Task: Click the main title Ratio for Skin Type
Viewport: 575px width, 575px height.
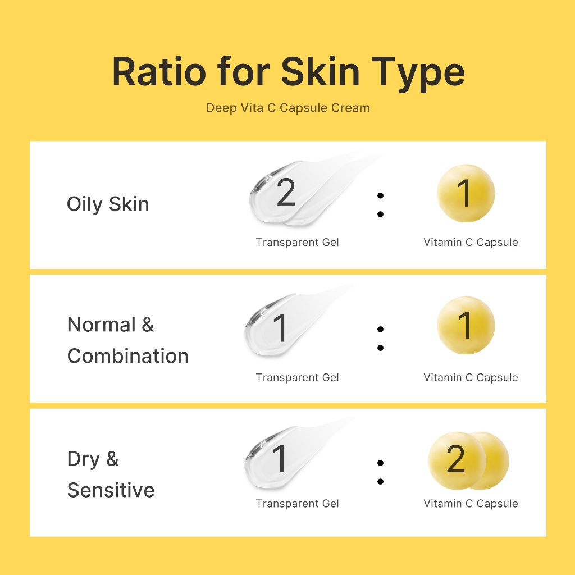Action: [288, 72]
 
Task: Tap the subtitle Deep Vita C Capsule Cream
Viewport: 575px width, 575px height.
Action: [288, 108]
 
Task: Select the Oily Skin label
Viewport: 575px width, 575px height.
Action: [108, 204]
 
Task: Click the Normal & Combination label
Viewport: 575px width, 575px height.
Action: [127, 340]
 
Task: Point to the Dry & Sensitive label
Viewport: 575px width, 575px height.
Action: [111, 474]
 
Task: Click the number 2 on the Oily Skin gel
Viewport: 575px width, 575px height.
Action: [286, 193]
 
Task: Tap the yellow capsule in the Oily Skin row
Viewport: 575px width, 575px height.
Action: [466, 193]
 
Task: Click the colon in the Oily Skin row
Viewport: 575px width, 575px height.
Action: [380, 204]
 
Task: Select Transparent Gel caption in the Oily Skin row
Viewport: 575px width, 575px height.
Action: [298, 243]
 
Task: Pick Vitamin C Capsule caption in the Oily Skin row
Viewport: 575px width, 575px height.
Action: [471, 243]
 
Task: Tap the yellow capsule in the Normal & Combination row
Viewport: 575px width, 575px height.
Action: [466, 325]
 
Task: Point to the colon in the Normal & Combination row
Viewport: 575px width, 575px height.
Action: [380, 339]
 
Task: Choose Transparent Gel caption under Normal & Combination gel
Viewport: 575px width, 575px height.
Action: [298, 377]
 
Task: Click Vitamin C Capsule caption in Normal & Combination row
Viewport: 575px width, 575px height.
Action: [471, 377]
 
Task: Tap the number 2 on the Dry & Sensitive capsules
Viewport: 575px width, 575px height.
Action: [456, 459]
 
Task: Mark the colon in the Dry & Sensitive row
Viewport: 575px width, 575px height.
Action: [380, 472]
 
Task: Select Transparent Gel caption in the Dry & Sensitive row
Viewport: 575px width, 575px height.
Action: [298, 504]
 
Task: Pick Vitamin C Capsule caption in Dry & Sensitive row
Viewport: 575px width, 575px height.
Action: [471, 504]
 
